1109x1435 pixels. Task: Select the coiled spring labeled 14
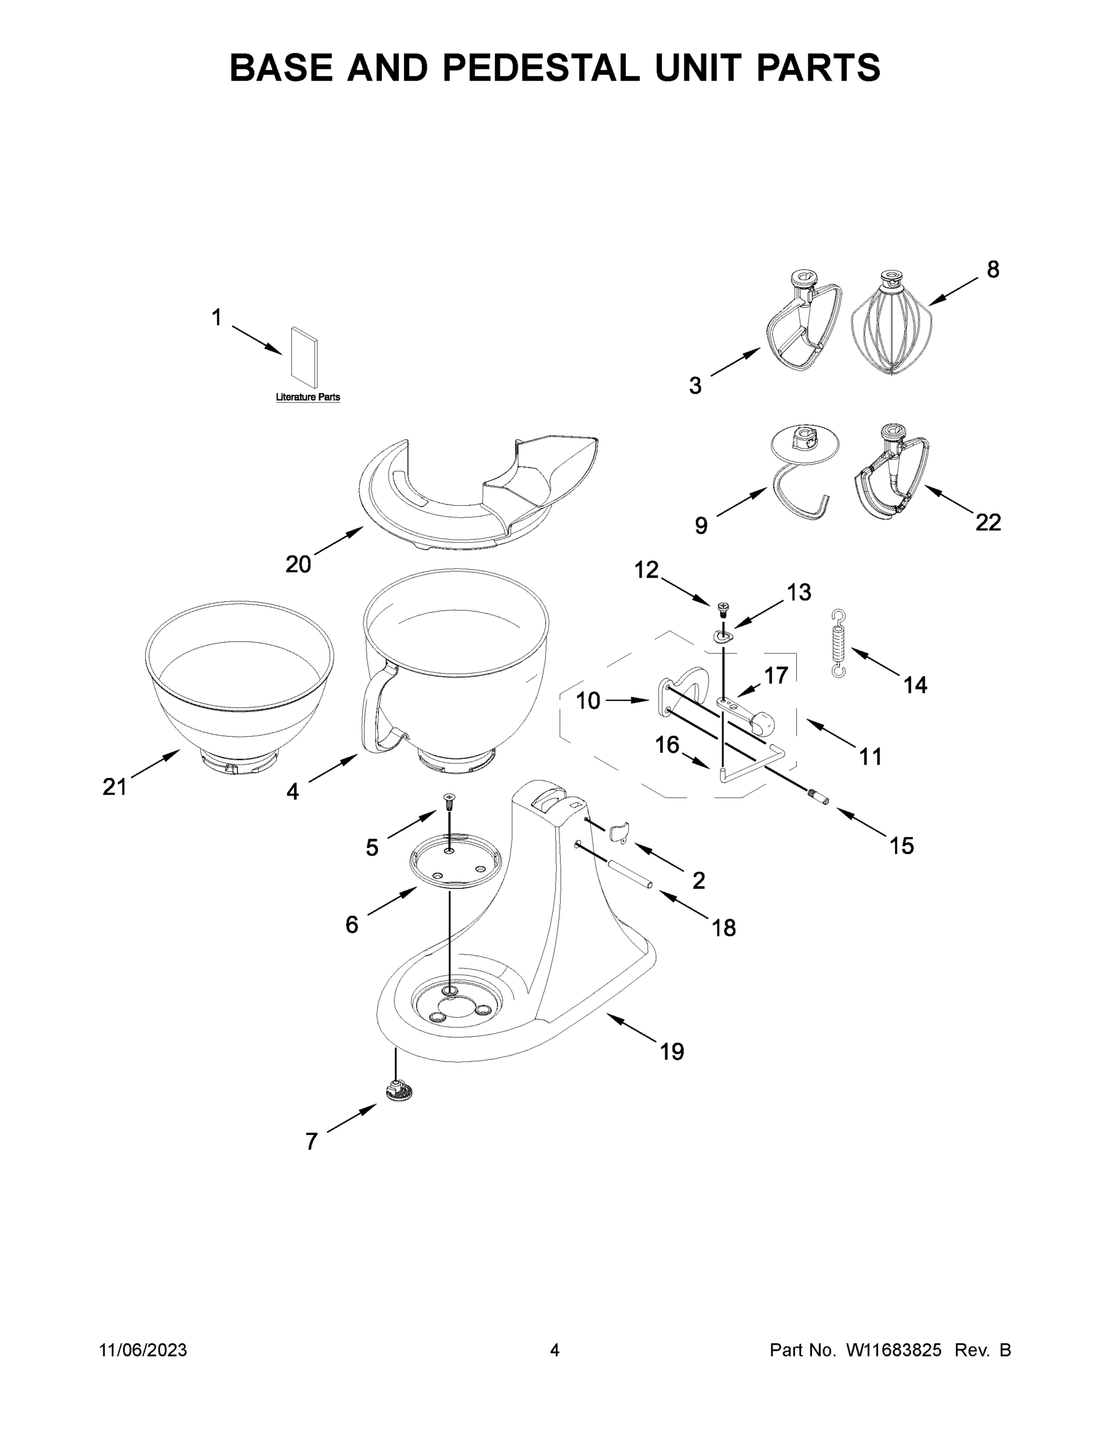838,643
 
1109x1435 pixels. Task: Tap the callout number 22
988,523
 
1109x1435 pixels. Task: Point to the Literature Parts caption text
307,397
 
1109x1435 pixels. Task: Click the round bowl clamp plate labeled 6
454,862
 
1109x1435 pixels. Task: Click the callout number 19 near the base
671,1052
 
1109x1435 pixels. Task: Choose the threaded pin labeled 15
818,796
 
